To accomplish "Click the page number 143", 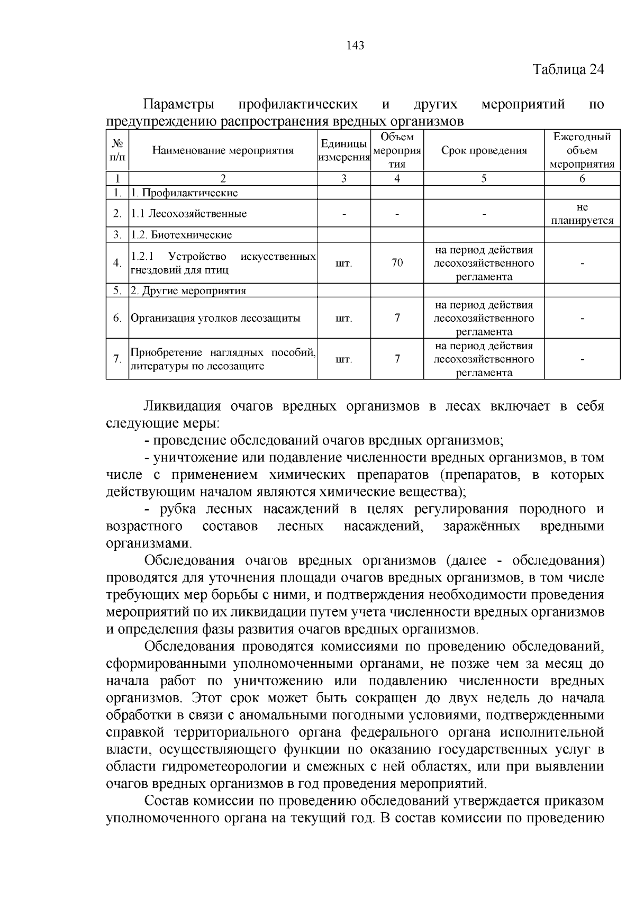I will coord(355,46).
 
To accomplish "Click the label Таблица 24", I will coord(568,70).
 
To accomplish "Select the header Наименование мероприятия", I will coord(223,151).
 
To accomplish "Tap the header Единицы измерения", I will coord(344,151).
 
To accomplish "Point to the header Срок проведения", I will coord(484,151).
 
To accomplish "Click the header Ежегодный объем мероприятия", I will coord(582,151).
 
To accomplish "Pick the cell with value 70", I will coord(397,263).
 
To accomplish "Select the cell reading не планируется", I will coord(582,214).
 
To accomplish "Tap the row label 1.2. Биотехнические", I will coord(182,235).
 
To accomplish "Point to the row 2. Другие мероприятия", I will coord(188,291).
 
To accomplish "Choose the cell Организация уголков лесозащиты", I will coord(215,319).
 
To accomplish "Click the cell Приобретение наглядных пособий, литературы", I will coord(223,359).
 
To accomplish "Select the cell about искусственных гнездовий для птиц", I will coord(223,263).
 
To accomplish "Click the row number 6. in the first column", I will coord(117,319).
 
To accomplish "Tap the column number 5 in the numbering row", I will coord(484,179).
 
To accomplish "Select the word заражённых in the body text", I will coord(482,527).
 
